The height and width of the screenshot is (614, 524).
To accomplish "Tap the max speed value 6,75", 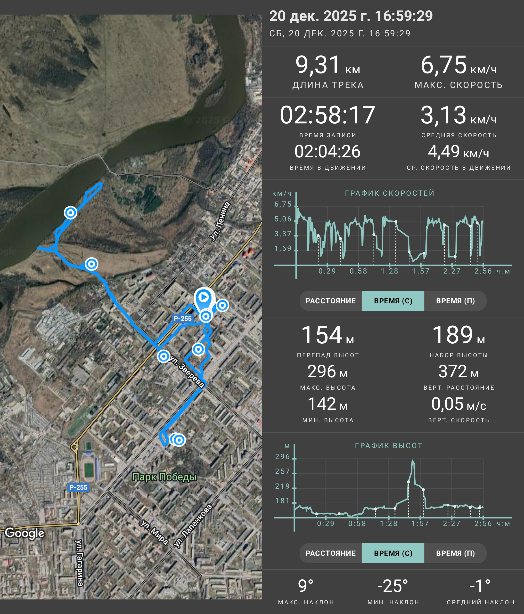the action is (443, 65).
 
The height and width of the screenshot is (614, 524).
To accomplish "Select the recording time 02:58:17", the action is (327, 115).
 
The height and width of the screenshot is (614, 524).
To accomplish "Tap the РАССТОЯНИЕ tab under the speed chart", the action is (331, 301).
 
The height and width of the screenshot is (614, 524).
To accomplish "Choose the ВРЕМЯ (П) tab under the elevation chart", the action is (455, 553).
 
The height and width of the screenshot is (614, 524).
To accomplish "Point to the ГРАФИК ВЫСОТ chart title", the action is (389, 446).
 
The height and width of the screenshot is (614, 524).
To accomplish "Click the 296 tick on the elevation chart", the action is (282, 457).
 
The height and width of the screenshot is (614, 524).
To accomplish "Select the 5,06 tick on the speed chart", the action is (283, 219).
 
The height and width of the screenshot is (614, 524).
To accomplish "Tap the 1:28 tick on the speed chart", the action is (389, 271).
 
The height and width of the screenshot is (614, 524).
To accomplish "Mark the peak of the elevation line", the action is (413, 460).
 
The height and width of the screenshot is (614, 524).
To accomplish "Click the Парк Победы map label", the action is (164, 477).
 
